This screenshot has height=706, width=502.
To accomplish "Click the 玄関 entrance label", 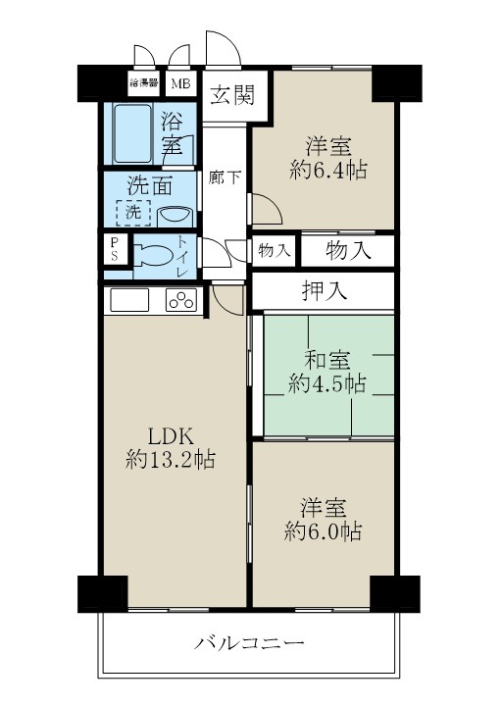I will click(231, 95).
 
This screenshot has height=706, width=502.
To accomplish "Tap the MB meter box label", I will click(181, 83).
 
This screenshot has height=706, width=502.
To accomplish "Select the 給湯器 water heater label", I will click(145, 83).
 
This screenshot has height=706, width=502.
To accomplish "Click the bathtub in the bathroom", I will click(131, 136).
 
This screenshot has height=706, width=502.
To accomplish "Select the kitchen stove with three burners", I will click(181, 300).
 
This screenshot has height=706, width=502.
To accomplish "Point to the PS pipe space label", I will click(114, 249).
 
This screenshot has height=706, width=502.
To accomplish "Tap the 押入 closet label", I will click(323, 290).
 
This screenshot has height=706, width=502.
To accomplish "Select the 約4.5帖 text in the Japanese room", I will click(326, 382).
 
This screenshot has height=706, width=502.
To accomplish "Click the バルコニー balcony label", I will click(249, 643).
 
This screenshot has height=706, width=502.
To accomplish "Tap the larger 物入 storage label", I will click(348, 249).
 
